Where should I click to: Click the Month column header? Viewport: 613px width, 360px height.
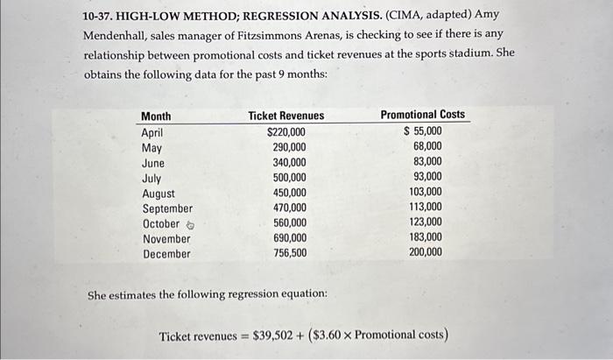pyautogui.click(x=156, y=116)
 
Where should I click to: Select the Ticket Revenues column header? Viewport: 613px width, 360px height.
pyautogui.click(x=285, y=116)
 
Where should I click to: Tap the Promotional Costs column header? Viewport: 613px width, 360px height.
pyautogui.click(x=422, y=115)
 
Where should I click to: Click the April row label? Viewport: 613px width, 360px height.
pyautogui.click(x=152, y=132)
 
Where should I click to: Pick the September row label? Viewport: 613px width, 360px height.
pyautogui.click(x=167, y=208)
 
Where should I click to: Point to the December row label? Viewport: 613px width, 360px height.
pyautogui.click(x=166, y=254)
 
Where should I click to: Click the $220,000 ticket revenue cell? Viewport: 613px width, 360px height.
pyautogui.click(x=286, y=132)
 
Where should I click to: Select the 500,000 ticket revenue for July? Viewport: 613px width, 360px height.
pyautogui.click(x=290, y=178)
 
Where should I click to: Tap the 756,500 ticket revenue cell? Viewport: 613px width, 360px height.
pyautogui.click(x=290, y=253)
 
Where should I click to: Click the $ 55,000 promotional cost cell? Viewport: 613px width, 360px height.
pyautogui.click(x=423, y=131)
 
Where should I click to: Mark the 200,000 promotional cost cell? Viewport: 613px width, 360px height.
pyautogui.click(x=426, y=252)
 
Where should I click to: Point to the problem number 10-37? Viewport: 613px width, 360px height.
pyautogui.click(x=99, y=17)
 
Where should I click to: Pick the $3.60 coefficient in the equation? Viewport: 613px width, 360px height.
pyautogui.click(x=332, y=335)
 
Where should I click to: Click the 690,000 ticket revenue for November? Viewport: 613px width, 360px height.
pyautogui.click(x=290, y=238)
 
